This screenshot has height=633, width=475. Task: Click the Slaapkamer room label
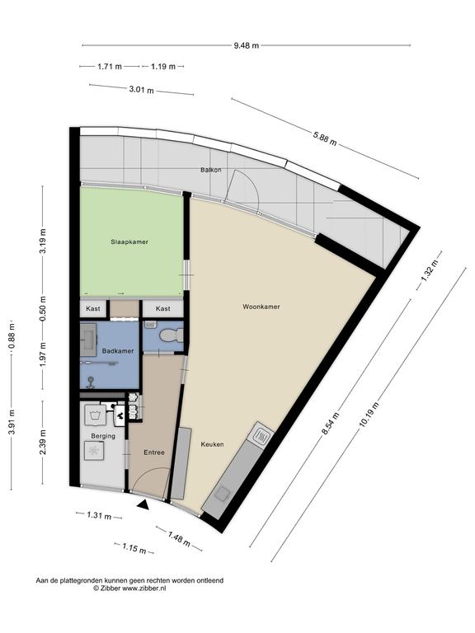(x=129, y=242)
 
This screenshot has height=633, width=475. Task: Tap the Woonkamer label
(x=261, y=307)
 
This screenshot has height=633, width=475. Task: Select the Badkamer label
(x=118, y=351)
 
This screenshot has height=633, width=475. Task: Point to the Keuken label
(x=213, y=444)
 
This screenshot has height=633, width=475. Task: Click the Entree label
(x=154, y=452)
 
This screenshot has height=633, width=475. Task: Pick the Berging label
(x=103, y=436)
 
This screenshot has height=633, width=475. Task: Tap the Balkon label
(x=211, y=170)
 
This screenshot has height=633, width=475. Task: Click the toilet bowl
(x=172, y=335)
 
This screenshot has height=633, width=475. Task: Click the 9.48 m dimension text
(x=247, y=45)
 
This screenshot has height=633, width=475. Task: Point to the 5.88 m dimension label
(x=324, y=138)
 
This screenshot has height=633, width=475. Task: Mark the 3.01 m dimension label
(x=141, y=90)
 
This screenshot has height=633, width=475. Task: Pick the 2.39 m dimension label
(x=43, y=442)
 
